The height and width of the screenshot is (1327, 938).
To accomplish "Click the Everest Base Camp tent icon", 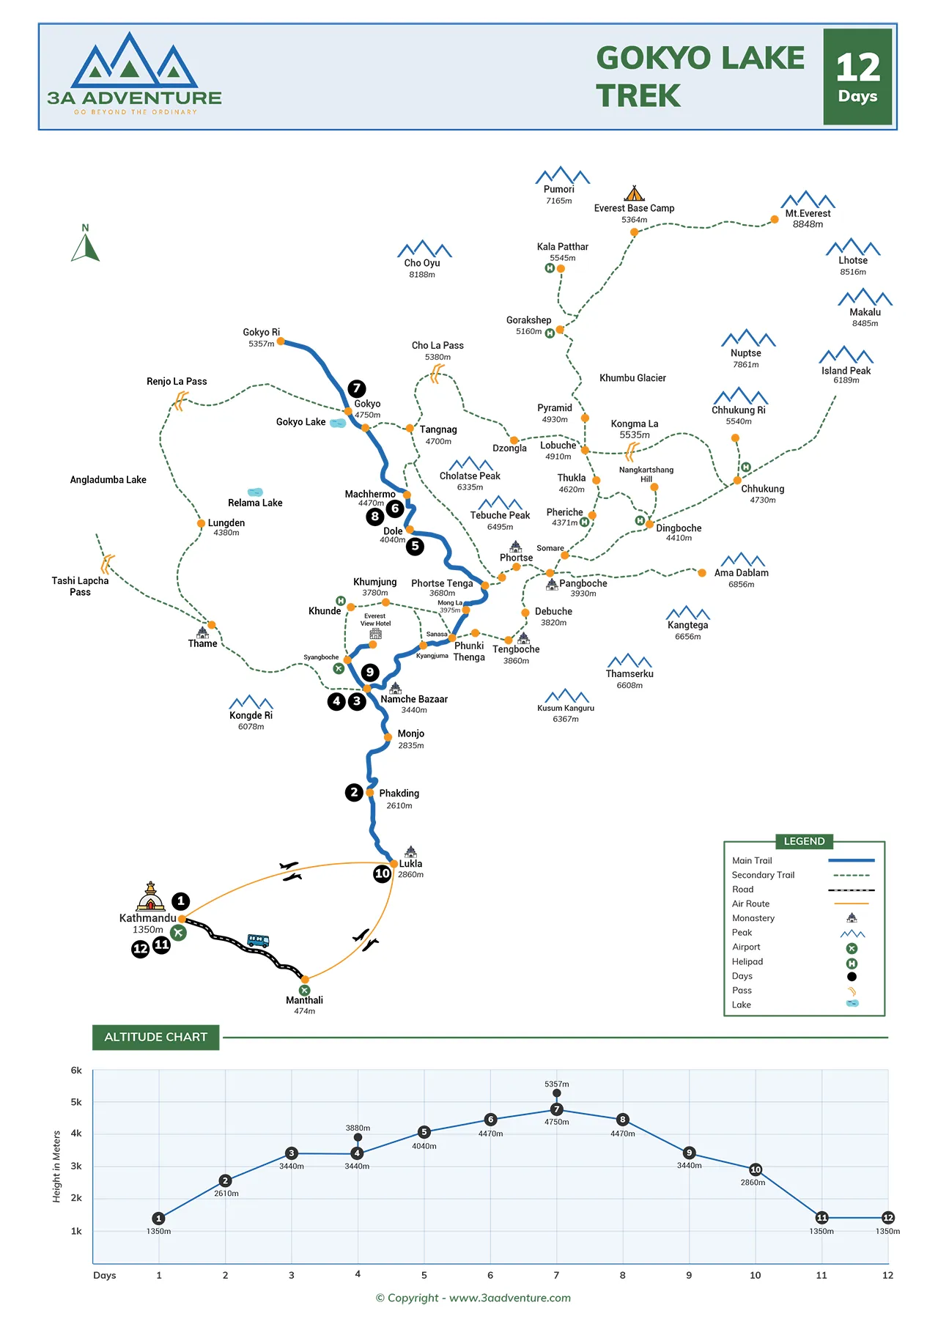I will (634, 193).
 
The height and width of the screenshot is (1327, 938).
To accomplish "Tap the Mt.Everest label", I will (808, 213).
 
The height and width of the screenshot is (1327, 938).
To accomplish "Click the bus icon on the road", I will (258, 941).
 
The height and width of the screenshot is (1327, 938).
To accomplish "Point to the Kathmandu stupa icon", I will (150, 896).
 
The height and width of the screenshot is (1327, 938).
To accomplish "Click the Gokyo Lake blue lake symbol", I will (338, 423).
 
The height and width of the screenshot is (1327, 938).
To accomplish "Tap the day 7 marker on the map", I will (357, 388).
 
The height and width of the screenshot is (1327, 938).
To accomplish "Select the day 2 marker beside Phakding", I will (354, 792).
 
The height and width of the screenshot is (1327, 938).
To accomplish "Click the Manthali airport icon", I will (304, 990).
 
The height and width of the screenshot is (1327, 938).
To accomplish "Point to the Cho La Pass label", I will (437, 345).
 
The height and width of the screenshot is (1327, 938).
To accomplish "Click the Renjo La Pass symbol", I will (180, 400).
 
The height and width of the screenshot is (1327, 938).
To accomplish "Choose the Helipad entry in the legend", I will (747, 961).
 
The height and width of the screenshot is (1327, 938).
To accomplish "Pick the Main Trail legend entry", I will (753, 860).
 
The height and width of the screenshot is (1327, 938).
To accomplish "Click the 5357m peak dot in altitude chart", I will (557, 1093).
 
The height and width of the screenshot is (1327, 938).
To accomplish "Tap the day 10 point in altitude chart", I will (756, 1169).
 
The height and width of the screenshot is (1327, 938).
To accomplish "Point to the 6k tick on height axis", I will (76, 1070).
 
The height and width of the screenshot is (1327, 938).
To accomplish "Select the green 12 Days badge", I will (857, 77).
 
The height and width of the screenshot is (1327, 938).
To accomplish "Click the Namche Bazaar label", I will (414, 699).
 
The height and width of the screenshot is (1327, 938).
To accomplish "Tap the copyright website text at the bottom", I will (473, 1298).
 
